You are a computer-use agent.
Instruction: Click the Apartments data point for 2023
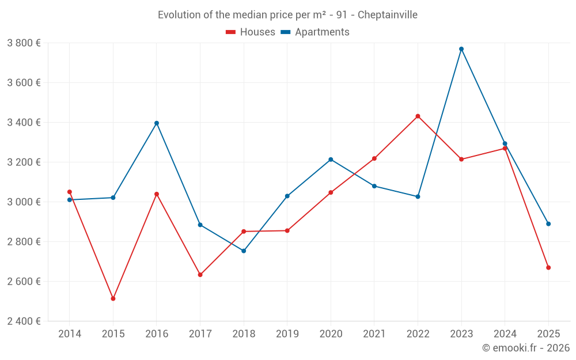(461, 49)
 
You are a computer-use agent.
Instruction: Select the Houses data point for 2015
(113, 298)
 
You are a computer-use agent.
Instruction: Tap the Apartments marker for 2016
(157, 123)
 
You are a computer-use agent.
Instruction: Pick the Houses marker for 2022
(418, 116)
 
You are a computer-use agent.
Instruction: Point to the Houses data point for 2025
(548, 267)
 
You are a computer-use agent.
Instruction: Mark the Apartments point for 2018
(244, 251)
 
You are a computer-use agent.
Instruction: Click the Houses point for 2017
(200, 275)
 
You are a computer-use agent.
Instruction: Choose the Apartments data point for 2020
(331, 160)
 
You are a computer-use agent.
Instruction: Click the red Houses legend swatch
(230, 32)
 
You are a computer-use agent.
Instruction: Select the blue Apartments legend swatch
(285, 32)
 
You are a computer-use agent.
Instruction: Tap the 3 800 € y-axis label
(24, 43)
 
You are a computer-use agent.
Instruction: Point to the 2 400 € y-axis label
(24, 321)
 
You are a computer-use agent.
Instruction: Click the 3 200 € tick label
(24, 162)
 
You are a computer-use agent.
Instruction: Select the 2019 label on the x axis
(287, 334)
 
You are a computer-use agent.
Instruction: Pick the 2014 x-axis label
(70, 334)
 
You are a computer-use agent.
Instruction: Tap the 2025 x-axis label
(548, 334)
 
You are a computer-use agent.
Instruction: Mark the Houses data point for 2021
(374, 158)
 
